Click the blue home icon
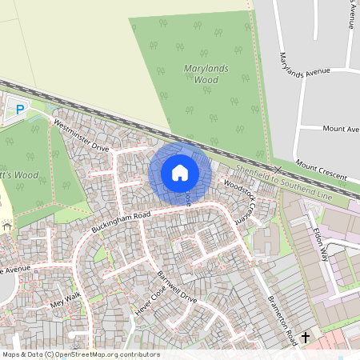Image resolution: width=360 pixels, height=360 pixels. point(180,171)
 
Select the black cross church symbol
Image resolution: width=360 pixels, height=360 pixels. point(305,339)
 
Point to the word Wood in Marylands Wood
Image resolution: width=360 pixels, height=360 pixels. point(206,80)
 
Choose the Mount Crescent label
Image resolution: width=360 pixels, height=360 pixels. point(320,169)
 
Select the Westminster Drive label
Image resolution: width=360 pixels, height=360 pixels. point(81,135)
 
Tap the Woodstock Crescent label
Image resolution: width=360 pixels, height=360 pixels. point(244,199)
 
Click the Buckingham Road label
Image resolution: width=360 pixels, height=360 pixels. point(121,222)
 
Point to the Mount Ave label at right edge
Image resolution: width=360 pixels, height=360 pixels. point(341,128)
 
